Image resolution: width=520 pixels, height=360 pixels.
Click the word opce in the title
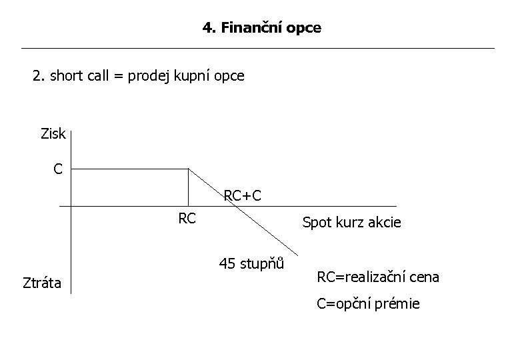point(303,29)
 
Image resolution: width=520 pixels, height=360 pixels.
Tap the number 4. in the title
point(209,28)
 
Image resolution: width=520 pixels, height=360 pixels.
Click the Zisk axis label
point(53,133)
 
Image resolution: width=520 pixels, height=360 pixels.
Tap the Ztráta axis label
point(41,283)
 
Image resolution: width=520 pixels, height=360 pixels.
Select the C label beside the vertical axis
point(58,169)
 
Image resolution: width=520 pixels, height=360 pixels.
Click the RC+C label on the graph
point(242,196)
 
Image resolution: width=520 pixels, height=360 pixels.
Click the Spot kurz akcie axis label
point(351,223)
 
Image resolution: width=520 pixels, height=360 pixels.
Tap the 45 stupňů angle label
point(251,263)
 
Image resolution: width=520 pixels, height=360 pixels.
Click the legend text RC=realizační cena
point(377,277)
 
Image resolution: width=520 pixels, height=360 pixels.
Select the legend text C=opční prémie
point(368,304)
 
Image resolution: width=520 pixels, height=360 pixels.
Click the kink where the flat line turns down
point(189,169)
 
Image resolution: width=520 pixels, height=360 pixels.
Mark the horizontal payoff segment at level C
point(130,169)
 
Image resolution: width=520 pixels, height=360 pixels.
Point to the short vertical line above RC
point(189,187)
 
